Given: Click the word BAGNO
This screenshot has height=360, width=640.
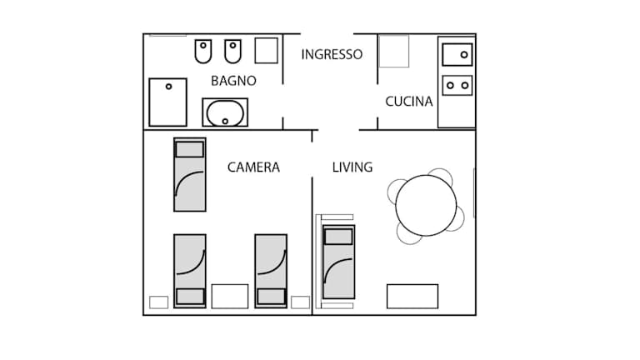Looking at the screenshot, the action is coord(233,81).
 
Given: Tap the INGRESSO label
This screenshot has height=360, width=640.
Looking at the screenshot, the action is coord(332,54).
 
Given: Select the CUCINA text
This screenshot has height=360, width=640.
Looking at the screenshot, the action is coord(409,101).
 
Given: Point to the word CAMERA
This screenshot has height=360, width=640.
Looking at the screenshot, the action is coord(253,167).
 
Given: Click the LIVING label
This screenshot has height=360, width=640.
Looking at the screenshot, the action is coord(352,167).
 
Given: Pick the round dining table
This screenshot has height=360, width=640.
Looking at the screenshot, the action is coord(426,205).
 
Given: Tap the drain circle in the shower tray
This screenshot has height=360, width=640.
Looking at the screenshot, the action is coord(168,87).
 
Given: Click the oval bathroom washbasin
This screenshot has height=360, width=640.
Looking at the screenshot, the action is coord(225,112).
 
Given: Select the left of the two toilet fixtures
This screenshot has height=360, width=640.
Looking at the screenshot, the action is coord(202,51).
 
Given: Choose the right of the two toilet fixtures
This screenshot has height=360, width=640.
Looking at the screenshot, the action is coord(232,51).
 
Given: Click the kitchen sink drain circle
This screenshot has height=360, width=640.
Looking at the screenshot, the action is coord(463,55).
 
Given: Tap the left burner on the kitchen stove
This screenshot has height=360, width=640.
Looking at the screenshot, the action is coord(450,85).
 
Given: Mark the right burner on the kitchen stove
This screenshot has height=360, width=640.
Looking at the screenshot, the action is coord(464,85).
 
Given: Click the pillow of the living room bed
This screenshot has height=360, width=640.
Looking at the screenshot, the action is coord(338,237).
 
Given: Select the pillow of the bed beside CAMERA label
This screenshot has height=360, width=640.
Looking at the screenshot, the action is coord(189,149).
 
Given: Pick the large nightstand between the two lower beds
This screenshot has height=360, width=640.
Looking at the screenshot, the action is coord(230,297).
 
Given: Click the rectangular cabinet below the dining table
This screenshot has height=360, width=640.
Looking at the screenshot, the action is coord(412,297).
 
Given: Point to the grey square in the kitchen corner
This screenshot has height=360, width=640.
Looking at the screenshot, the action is coord(394,51).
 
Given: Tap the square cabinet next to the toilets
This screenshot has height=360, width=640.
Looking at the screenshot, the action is coord(266,51).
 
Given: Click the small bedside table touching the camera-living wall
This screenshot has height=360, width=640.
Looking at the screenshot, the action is coord(300,302).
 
